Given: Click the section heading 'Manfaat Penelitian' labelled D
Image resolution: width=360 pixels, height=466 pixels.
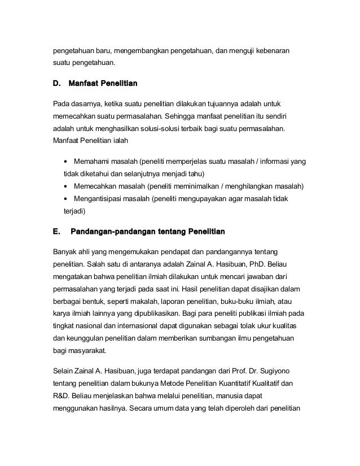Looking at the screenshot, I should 103,84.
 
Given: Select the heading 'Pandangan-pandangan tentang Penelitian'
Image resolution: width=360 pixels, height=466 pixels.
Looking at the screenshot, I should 147,232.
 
